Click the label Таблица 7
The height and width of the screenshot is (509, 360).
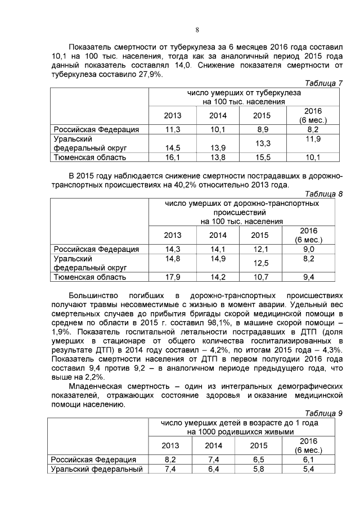tap(323, 83)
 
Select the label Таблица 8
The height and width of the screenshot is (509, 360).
tap(323, 194)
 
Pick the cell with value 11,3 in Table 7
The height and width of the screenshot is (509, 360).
tap(172, 130)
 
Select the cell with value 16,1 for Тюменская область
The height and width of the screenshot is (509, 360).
tap(172, 157)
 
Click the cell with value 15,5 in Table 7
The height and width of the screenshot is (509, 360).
tap(262, 157)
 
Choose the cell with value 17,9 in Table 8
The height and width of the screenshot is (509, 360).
tap(172, 277)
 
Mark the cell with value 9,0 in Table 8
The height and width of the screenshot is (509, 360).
tap(309, 249)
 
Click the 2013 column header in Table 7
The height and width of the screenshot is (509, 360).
tap(173, 116)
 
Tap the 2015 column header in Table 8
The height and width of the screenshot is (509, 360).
tap(260, 235)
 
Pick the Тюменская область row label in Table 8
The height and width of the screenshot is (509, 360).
tap(89, 277)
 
